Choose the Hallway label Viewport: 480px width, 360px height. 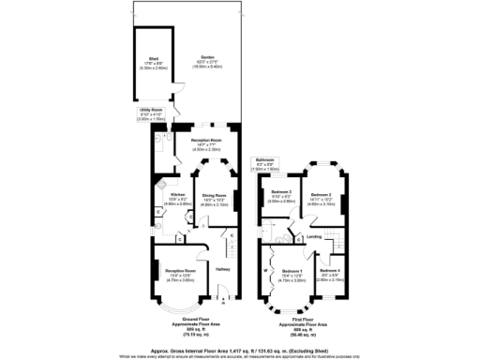coord(223,269)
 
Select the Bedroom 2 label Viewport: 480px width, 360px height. coord(322,195)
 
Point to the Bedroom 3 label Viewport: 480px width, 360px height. coord(280,195)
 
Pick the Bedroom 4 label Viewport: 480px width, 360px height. coord(328,272)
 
